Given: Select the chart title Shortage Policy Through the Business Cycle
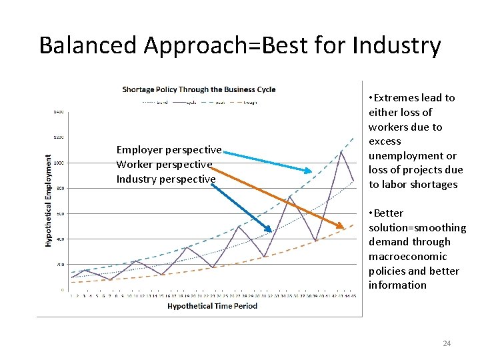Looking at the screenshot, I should [199, 89].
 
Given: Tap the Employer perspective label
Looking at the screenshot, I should [169, 150].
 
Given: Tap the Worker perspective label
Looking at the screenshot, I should [164, 164].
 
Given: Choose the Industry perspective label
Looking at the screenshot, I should [166, 179].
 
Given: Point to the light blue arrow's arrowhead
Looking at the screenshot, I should [308, 171].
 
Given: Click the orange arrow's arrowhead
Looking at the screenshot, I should [341, 227].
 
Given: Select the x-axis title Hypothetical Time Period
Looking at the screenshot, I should [212, 306].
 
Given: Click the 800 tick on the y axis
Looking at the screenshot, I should [59, 188].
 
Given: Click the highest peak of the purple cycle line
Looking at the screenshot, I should [341, 151].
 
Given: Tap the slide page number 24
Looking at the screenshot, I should [447, 343].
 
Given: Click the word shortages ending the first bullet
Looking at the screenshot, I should [435, 185].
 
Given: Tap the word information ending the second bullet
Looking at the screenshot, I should [397, 285].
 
